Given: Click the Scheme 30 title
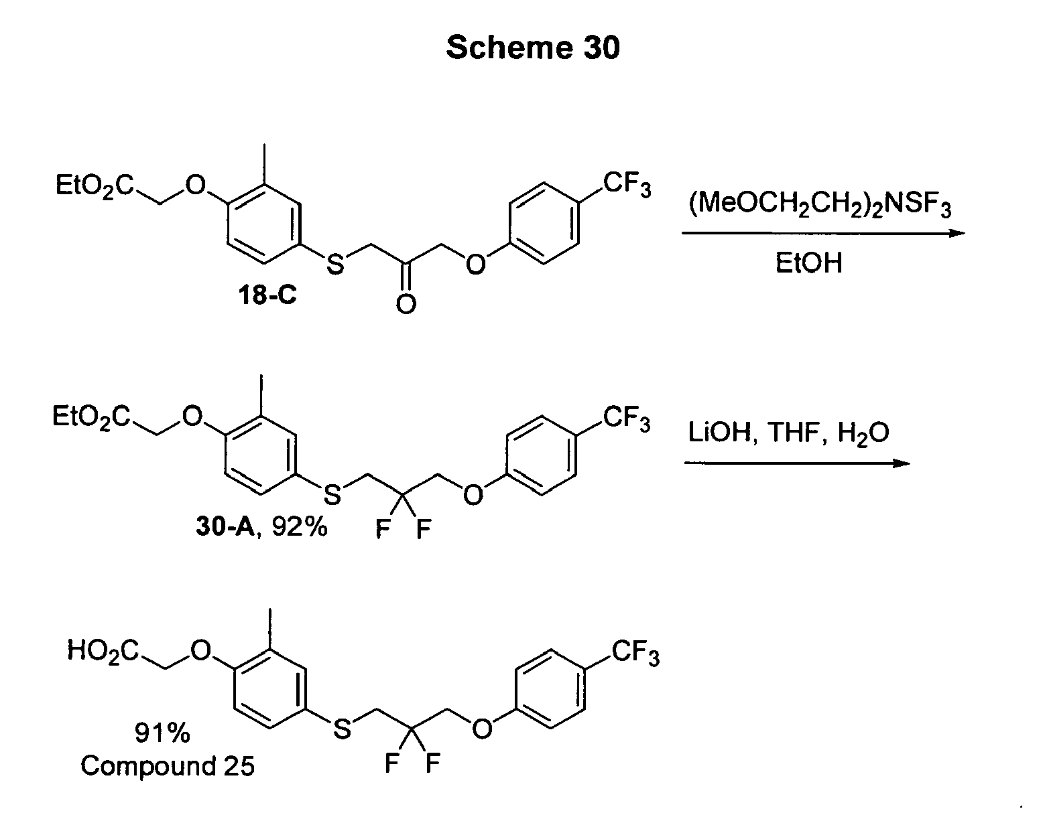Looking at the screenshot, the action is [x=533, y=48].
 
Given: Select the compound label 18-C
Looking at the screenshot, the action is [x=267, y=295].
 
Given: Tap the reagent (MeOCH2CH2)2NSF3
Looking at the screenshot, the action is [x=820, y=205].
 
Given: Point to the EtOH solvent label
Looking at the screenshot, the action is [x=809, y=263].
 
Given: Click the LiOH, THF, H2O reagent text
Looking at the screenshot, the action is [x=789, y=433].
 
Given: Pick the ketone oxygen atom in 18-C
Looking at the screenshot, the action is [x=406, y=304].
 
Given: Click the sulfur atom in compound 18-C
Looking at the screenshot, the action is [x=335, y=264].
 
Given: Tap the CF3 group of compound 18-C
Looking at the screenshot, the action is [x=627, y=184].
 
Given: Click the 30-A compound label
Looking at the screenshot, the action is [x=225, y=527].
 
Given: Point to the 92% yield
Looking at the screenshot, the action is [x=299, y=527].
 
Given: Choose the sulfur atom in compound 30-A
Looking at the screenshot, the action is [x=332, y=495].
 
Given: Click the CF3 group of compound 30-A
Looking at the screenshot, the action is [x=626, y=419].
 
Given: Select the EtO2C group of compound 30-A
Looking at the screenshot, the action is [x=91, y=417].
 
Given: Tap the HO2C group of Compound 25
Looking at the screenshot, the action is [x=103, y=652].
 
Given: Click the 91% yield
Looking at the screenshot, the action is [x=162, y=733].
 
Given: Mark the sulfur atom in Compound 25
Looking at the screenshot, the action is [x=342, y=729].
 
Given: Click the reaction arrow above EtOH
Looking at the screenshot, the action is [x=823, y=234].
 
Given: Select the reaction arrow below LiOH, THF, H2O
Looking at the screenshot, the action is [x=797, y=463].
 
